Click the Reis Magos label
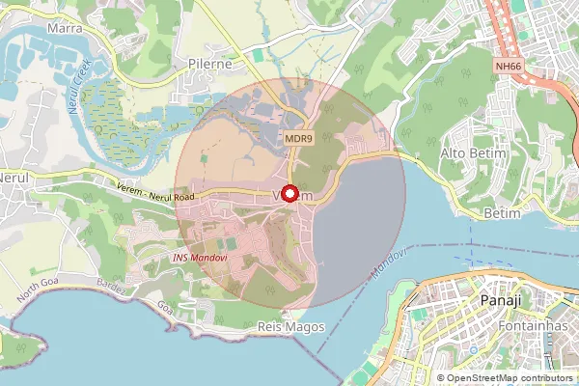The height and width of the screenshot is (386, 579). tap(287, 328)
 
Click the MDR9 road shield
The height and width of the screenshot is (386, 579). tap(298, 139)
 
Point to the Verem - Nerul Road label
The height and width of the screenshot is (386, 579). tap(153, 191)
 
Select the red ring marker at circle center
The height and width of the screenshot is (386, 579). tap(290, 193)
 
